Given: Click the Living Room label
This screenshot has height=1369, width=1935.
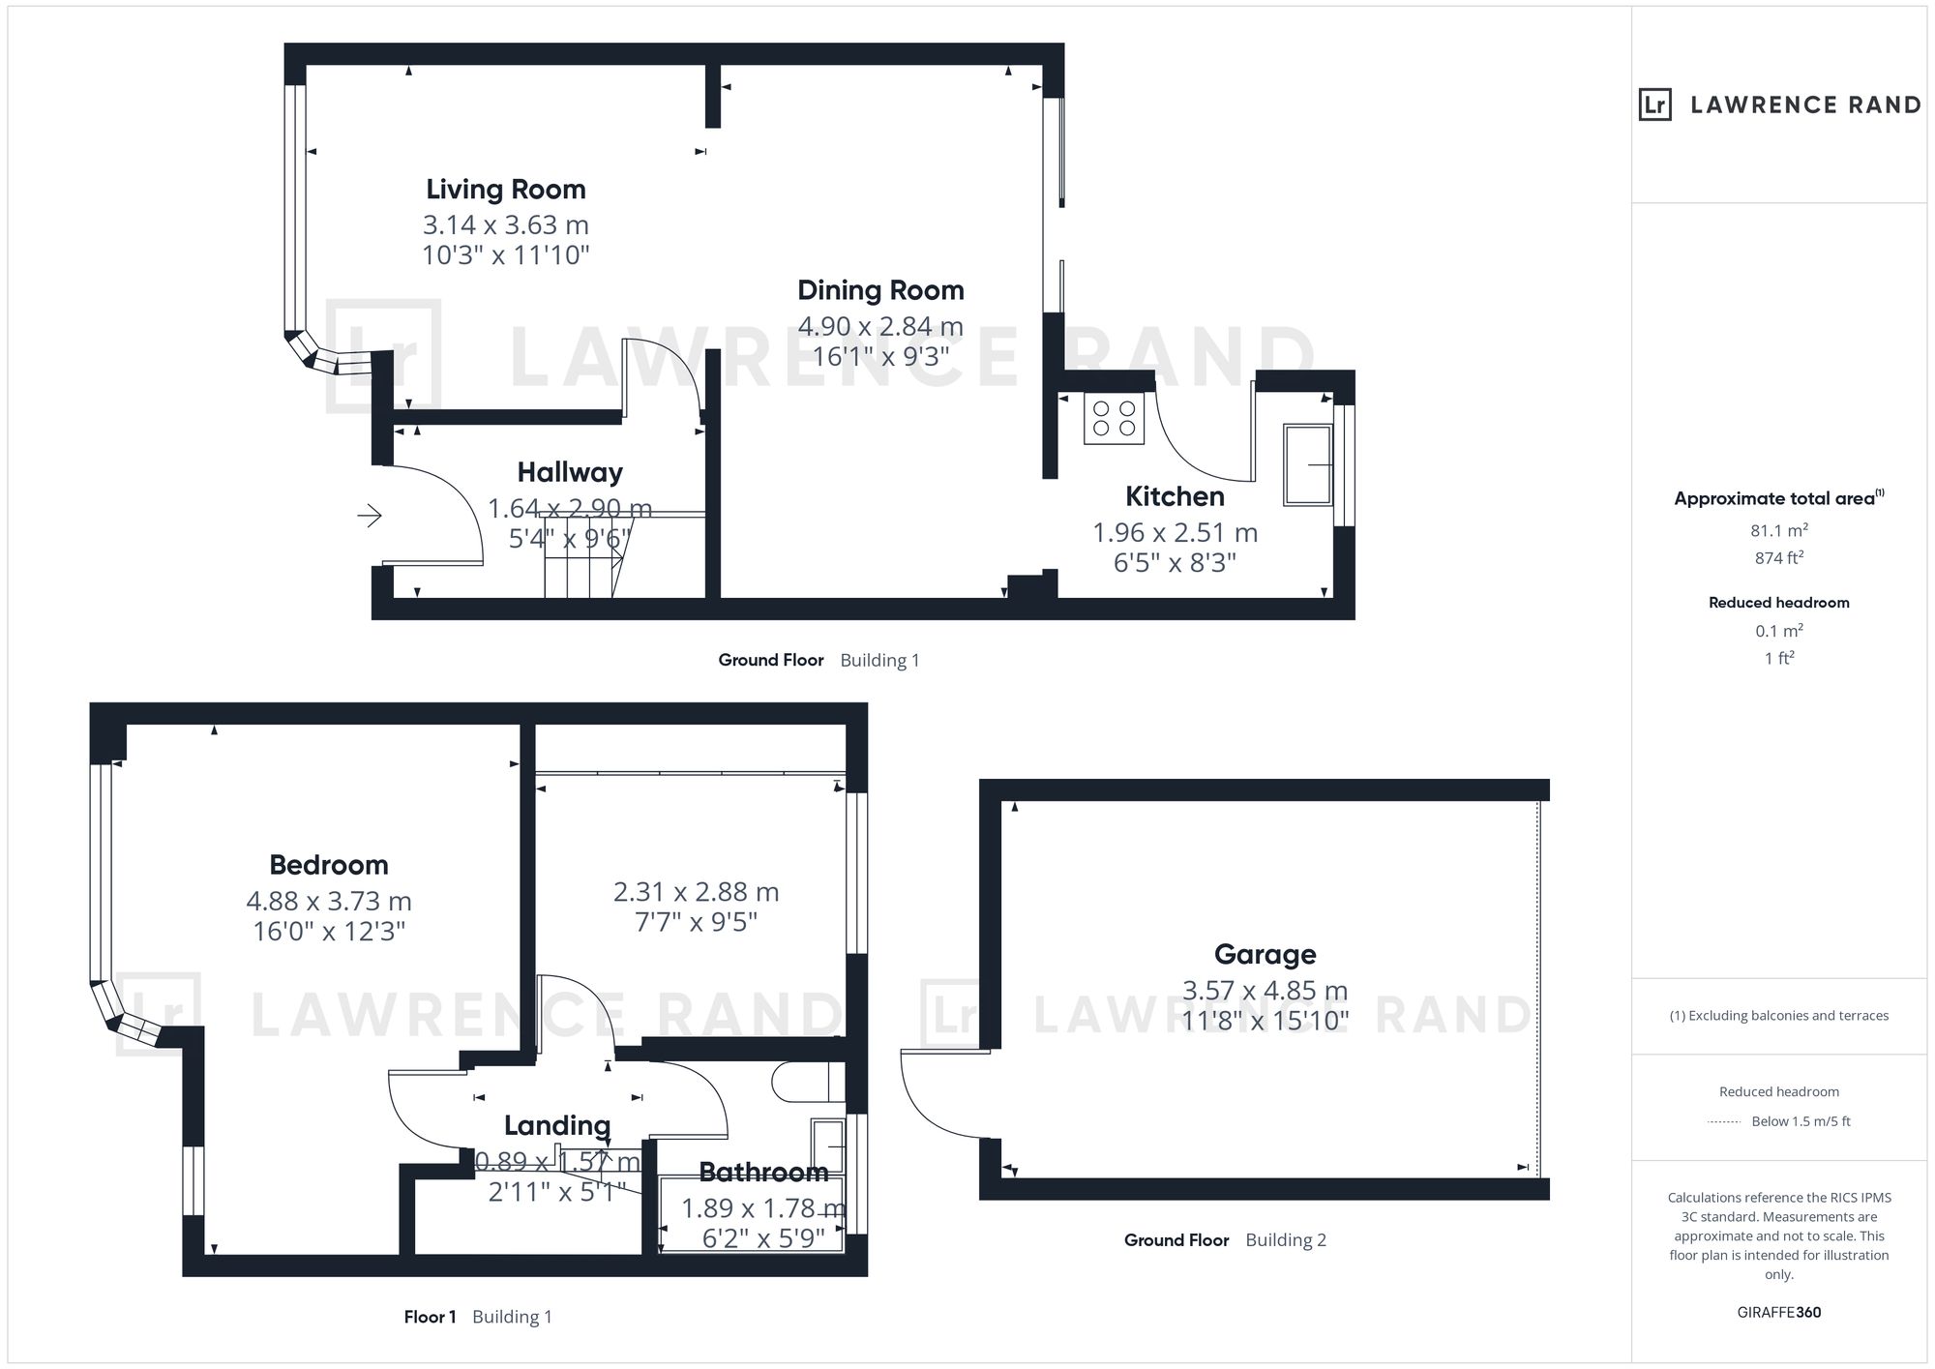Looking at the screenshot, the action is coord(506,189).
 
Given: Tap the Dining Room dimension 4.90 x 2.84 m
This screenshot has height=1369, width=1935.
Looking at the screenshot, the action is coord(880,326).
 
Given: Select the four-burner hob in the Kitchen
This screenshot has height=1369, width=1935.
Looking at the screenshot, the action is coord(1114,418).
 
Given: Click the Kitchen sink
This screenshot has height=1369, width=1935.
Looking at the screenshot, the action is coord(1308,464).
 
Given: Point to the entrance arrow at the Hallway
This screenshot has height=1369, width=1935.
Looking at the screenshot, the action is coord(370,516).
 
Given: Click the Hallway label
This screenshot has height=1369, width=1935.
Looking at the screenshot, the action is coord(570,472).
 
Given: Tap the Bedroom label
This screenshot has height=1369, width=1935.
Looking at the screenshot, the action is coord(329,864).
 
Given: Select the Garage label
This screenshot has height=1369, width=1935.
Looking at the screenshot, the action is coord(1265,955).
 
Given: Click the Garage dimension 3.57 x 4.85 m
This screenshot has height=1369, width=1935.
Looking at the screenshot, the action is coord(1265,991).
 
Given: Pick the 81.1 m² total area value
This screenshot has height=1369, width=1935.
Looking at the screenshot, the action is coord(1779,530).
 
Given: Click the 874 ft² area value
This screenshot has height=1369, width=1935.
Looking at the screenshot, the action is coord(1779,557).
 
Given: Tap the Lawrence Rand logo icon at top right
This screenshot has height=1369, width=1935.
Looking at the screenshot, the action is coord(1655,104).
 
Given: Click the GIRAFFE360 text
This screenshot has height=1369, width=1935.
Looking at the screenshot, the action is coord(1779,1312).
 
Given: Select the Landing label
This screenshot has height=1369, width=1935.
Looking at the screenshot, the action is coord(557,1125).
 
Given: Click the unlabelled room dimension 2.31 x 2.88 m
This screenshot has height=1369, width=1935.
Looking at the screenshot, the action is coord(696,892).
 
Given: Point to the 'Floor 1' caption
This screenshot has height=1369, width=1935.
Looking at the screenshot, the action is coord(430,1317).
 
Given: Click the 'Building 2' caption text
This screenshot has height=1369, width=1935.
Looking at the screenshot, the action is coord(1286,1240).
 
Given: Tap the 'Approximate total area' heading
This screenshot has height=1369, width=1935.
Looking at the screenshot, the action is coord(1774,499).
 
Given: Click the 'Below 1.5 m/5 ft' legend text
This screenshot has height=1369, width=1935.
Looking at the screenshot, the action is coord(1801,1121).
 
